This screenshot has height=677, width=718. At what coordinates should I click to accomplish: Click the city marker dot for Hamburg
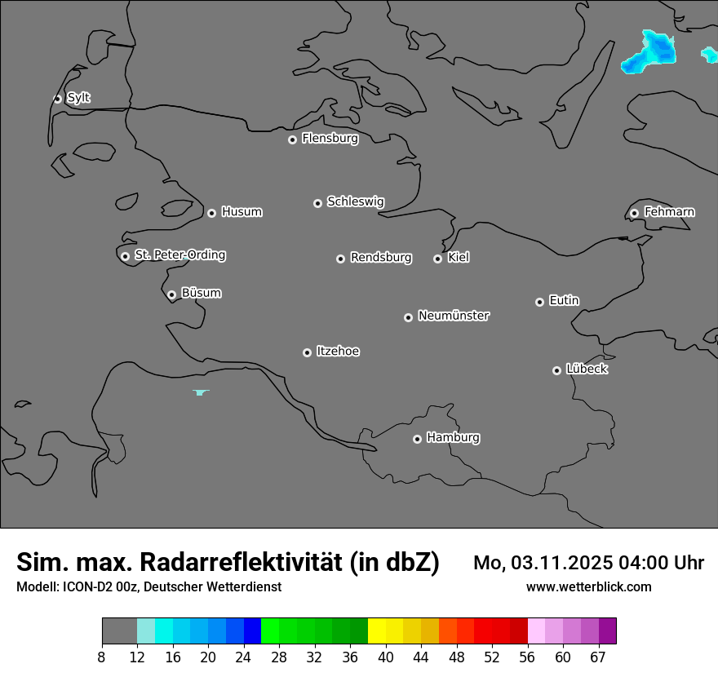(417, 439)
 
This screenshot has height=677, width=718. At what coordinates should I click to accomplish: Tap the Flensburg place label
(330, 139)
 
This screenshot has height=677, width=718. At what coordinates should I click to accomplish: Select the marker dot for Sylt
(57, 99)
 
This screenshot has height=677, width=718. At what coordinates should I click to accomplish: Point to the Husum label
(242, 212)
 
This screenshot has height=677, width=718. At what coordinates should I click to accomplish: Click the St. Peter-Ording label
(179, 255)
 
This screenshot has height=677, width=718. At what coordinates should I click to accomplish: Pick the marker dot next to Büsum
(171, 294)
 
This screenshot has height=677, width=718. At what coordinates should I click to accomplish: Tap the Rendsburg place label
(381, 258)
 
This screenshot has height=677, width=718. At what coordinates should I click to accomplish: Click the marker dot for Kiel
(437, 259)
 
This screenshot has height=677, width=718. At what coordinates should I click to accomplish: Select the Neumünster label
(454, 316)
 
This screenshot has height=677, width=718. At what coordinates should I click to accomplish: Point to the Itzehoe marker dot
(307, 352)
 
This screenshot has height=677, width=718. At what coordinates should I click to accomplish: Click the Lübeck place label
(587, 369)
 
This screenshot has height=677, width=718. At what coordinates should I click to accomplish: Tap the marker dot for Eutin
(539, 302)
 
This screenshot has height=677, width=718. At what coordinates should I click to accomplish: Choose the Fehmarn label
(669, 212)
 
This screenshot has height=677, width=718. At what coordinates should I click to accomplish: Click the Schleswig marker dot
(317, 203)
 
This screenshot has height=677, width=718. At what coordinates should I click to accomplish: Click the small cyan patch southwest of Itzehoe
(201, 393)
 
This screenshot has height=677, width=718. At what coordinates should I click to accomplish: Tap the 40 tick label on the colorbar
(386, 657)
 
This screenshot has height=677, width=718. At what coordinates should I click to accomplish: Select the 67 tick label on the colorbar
(598, 657)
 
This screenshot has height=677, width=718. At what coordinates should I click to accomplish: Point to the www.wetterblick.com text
(588, 586)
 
